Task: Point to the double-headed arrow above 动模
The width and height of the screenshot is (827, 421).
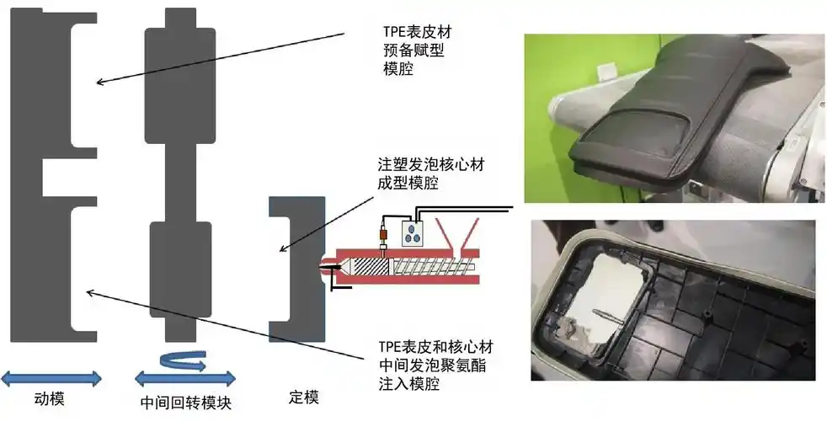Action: (x=51, y=377)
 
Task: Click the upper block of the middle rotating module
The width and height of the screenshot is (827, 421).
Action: (x=179, y=84)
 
